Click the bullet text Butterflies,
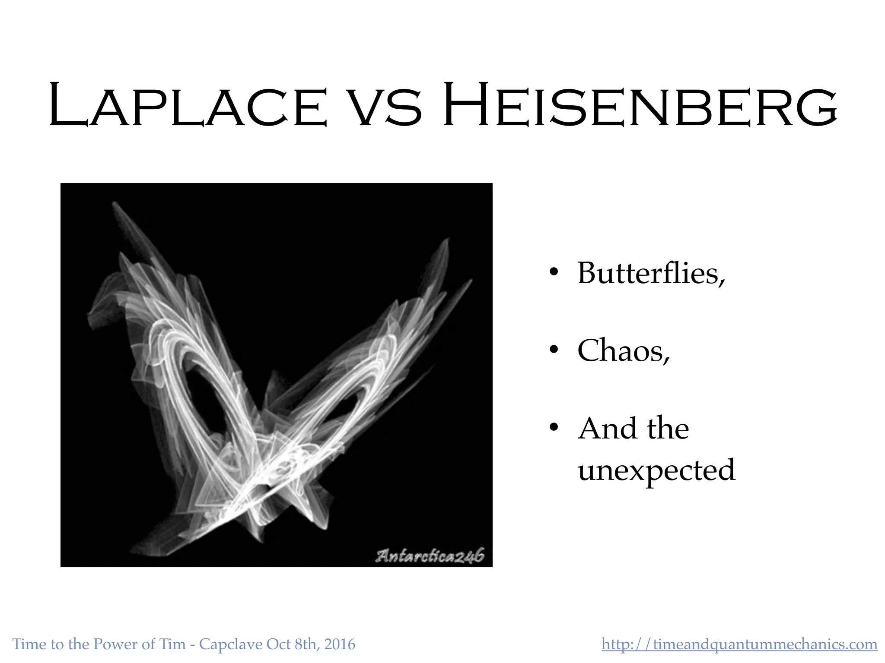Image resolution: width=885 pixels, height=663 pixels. click(651, 273)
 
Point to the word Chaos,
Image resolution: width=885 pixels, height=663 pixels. click(623, 350)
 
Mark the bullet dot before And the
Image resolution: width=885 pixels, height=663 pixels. click(554, 427)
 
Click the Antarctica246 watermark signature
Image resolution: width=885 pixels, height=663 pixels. click(430, 556)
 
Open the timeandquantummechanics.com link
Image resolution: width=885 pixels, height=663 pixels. click(739, 644)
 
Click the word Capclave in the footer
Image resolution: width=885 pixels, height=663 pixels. click(231, 644)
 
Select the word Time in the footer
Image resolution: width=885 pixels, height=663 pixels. click(29, 644)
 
